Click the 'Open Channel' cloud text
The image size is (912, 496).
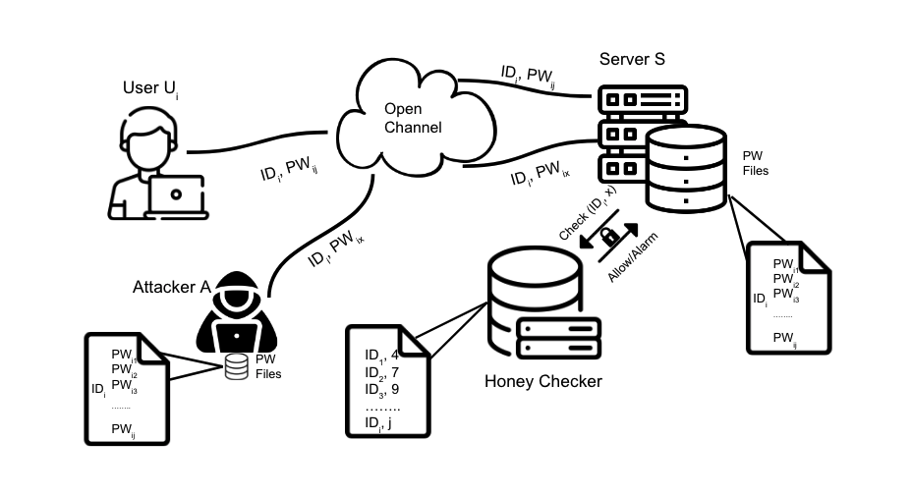(412, 118)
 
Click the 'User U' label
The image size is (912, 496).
(149, 89)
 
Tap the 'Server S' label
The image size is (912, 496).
(632, 59)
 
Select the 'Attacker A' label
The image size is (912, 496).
(172, 287)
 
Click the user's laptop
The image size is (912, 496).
(176, 195)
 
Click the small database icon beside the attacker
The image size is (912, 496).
(235, 366)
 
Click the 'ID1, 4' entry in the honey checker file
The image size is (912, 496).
(380, 355)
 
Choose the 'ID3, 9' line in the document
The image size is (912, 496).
(381, 390)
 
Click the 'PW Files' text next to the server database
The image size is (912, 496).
(755, 163)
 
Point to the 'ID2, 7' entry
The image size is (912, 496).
(381, 372)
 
